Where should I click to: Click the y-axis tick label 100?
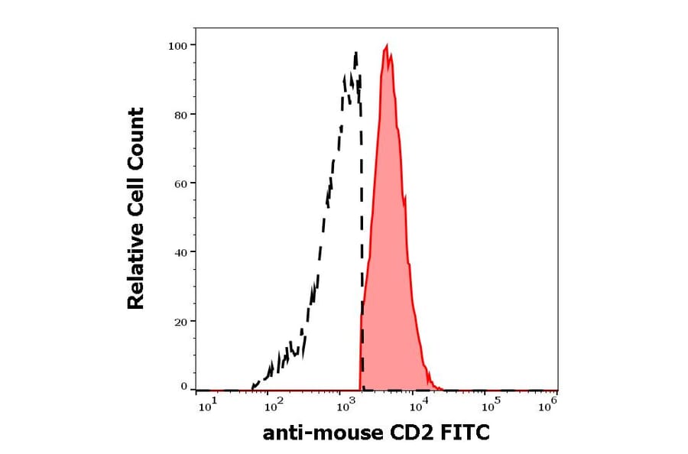(177, 46)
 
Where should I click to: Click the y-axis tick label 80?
(180, 115)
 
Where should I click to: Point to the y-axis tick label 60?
(180, 183)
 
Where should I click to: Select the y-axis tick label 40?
(180, 252)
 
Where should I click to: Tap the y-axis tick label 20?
(180, 322)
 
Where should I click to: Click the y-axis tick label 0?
(183, 387)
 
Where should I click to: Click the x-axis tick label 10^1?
(207, 407)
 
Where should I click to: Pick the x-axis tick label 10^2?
(273, 407)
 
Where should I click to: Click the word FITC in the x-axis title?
(466, 434)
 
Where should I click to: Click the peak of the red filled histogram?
(388, 46)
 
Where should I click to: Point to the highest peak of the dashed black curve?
(355, 53)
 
